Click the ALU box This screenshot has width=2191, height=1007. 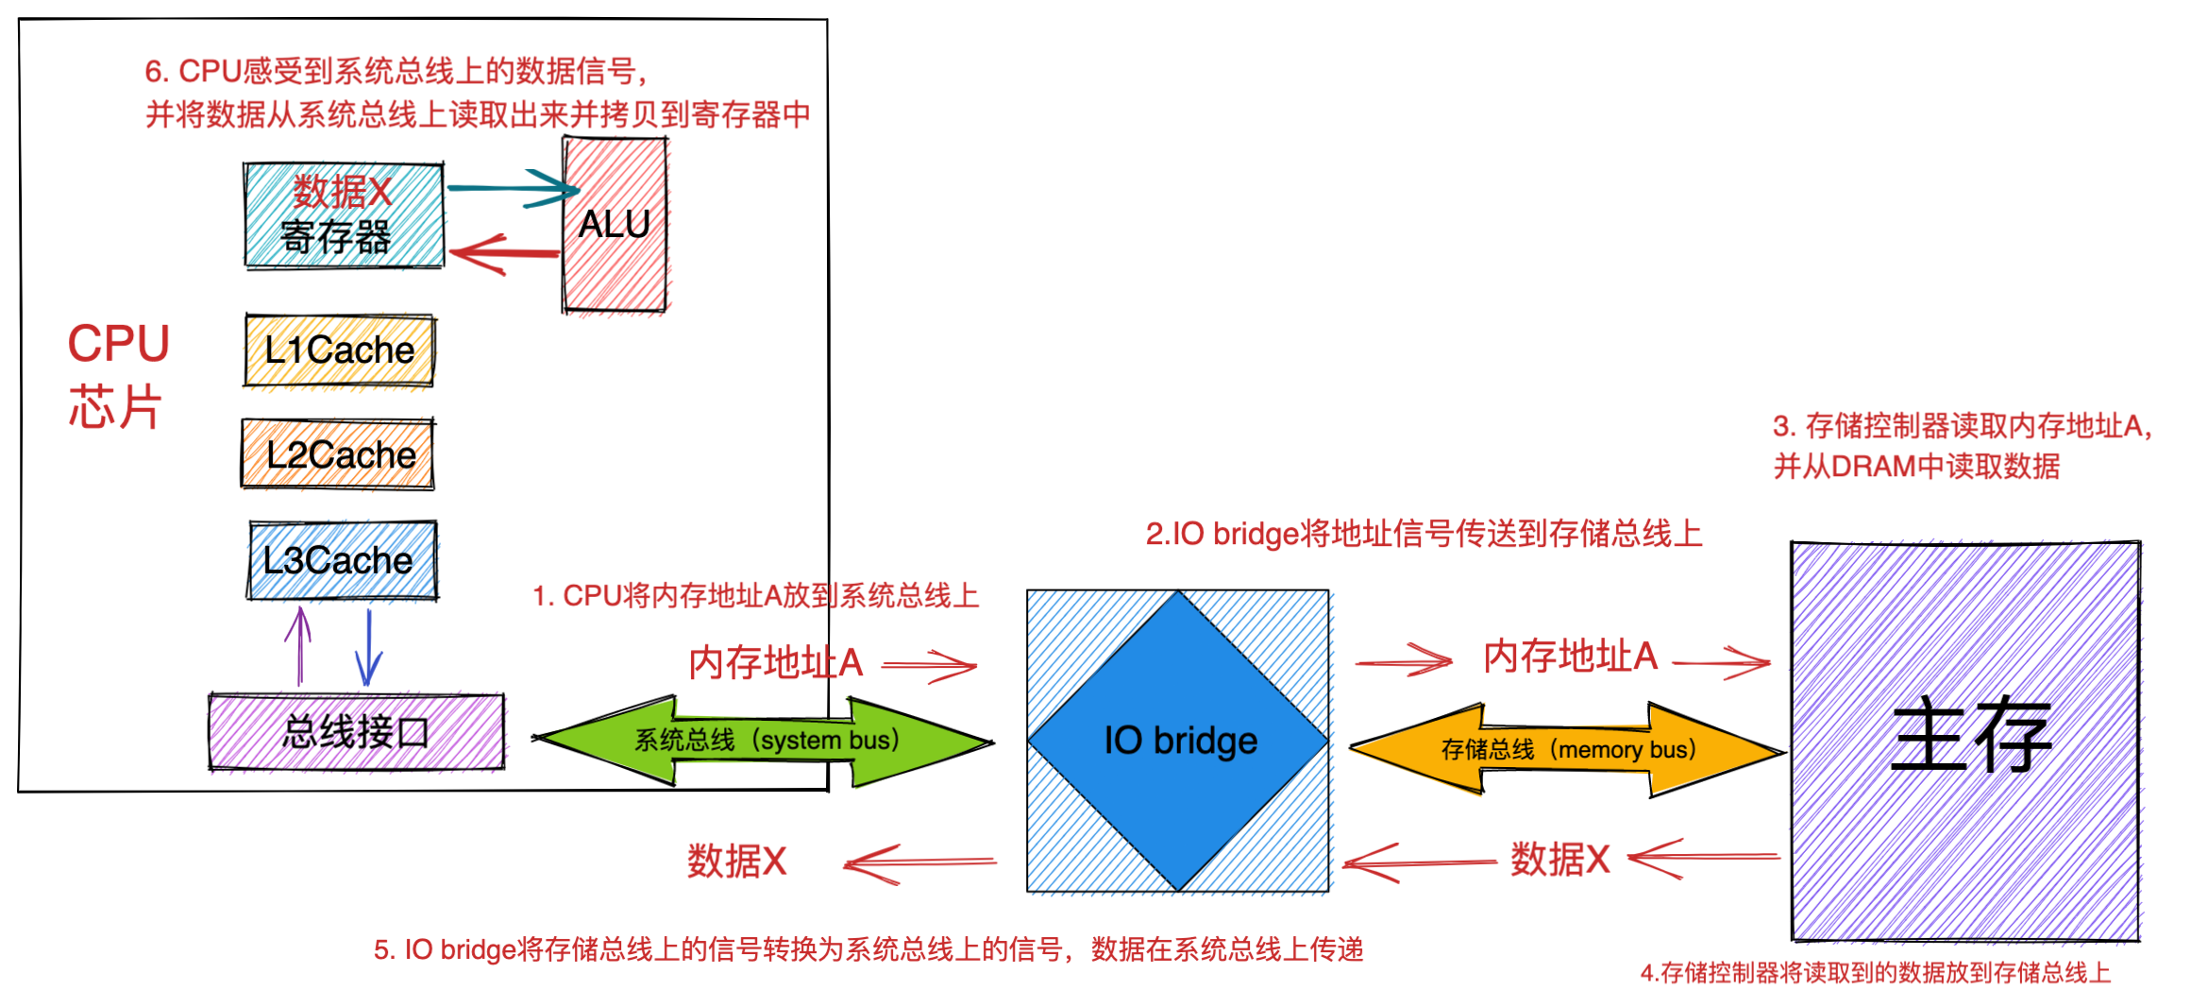pyautogui.click(x=615, y=225)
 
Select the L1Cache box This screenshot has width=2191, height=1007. pyautogui.click(x=339, y=350)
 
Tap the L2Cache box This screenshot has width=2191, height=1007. pyautogui.click(x=339, y=454)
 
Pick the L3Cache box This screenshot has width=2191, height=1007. pyautogui.click(x=342, y=560)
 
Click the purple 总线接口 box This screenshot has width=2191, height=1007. pyautogui.click(x=356, y=732)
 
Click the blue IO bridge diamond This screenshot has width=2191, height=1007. pyautogui.click(x=1179, y=741)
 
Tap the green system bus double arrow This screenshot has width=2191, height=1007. pyautogui.click(x=765, y=741)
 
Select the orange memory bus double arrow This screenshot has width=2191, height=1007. pyautogui.click(x=1567, y=750)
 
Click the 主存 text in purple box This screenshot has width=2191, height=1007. pyautogui.click(x=1971, y=736)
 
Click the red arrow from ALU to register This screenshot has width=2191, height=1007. pyautogui.click(x=505, y=253)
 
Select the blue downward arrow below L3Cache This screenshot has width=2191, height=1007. pyautogui.click(x=368, y=647)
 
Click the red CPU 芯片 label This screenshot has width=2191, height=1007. pyautogui.click(x=117, y=375)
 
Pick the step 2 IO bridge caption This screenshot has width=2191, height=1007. pyautogui.click(x=1423, y=534)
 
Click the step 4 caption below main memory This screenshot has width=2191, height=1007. pyautogui.click(x=1875, y=973)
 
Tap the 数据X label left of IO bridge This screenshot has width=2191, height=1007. pyautogui.click(x=736, y=861)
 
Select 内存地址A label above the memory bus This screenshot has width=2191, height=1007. pyautogui.click(x=1570, y=656)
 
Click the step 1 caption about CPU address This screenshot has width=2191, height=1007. pyautogui.click(x=755, y=596)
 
